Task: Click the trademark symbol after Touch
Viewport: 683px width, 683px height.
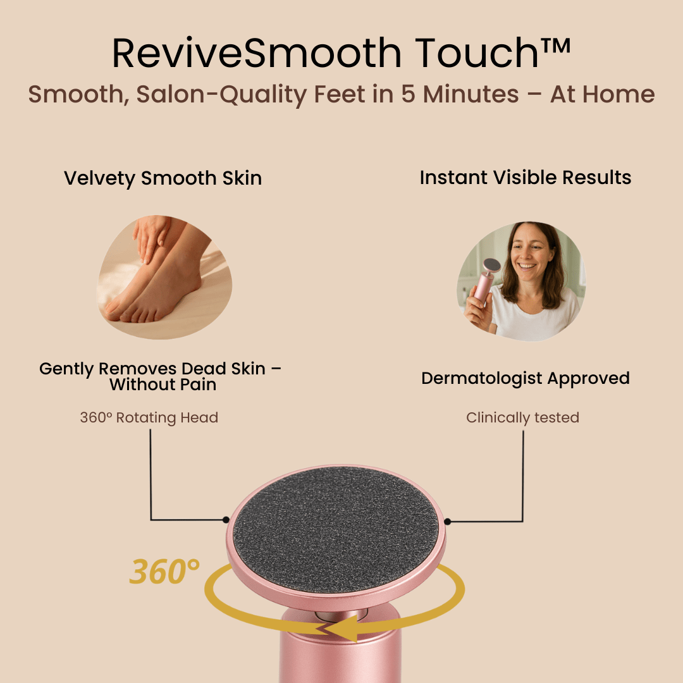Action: (555, 46)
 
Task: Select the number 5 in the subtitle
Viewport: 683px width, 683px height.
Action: (408, 94)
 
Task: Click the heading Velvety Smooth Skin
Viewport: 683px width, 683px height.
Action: (163, 178)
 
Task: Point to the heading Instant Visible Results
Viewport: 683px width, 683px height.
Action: (526, 178)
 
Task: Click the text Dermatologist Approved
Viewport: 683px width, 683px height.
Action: (526, 378)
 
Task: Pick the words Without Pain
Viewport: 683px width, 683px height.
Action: (163, 385)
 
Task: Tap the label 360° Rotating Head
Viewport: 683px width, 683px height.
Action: (149, 417)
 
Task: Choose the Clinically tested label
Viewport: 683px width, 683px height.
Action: (523, 417)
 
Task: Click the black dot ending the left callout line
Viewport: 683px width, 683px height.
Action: (226, 519)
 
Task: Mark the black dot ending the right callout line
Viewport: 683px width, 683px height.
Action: (447, 521)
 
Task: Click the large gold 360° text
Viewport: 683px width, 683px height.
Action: (164, 571)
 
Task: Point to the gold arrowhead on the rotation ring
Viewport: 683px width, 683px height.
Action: (343, 629)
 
